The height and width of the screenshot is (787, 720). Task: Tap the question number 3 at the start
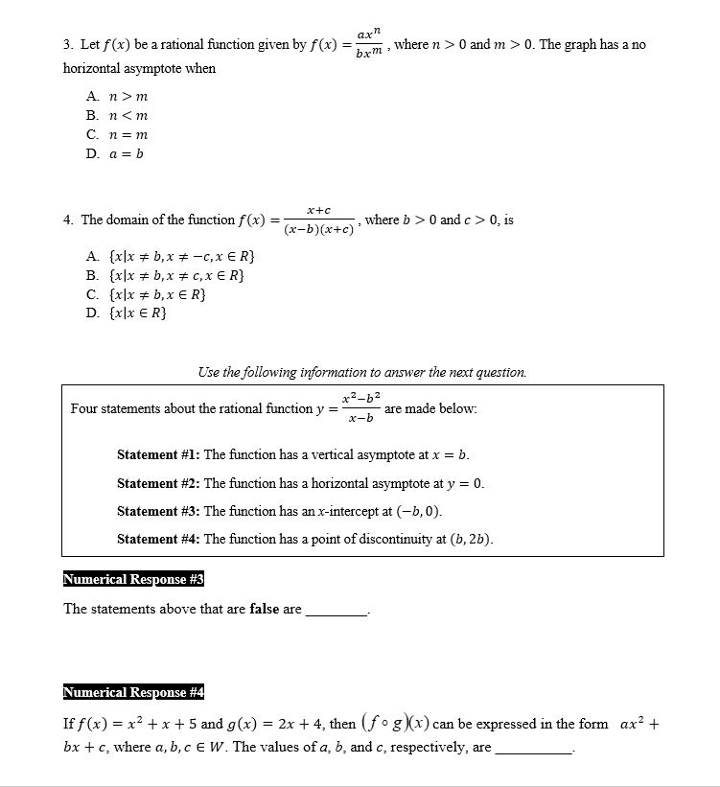[67, 45]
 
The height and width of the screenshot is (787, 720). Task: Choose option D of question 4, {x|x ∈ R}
[127, 313]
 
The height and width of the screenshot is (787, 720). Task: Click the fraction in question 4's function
[318, 220]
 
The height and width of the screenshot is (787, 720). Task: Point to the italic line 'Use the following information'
[361, 372]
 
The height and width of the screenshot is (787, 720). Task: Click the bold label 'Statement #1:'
[158, 454]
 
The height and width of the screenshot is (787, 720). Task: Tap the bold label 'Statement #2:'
[158, 483]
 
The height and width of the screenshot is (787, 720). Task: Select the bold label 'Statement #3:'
[158, 511]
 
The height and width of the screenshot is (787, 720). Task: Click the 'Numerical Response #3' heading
[133, 579]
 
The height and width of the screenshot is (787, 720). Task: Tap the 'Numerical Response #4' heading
[133, 692]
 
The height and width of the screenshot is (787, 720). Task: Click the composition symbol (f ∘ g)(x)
[395, 724]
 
